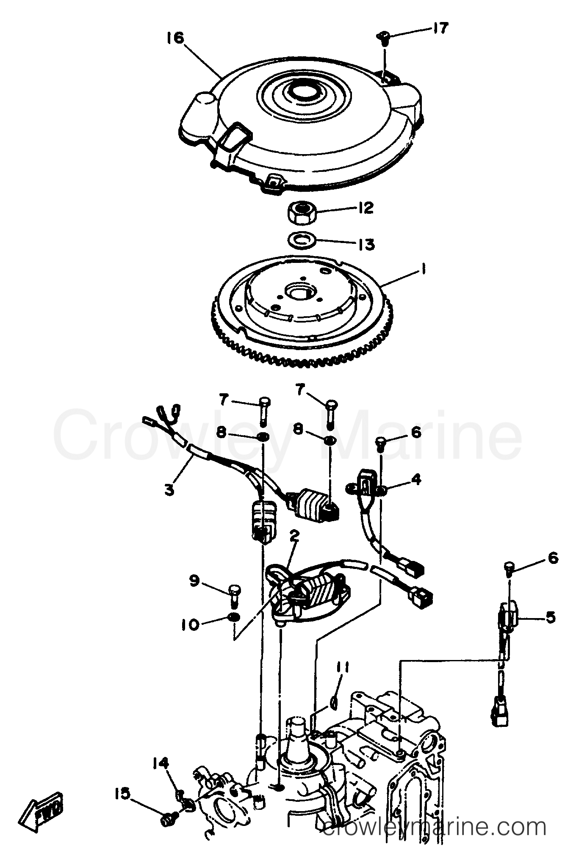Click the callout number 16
175,38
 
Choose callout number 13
366,244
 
